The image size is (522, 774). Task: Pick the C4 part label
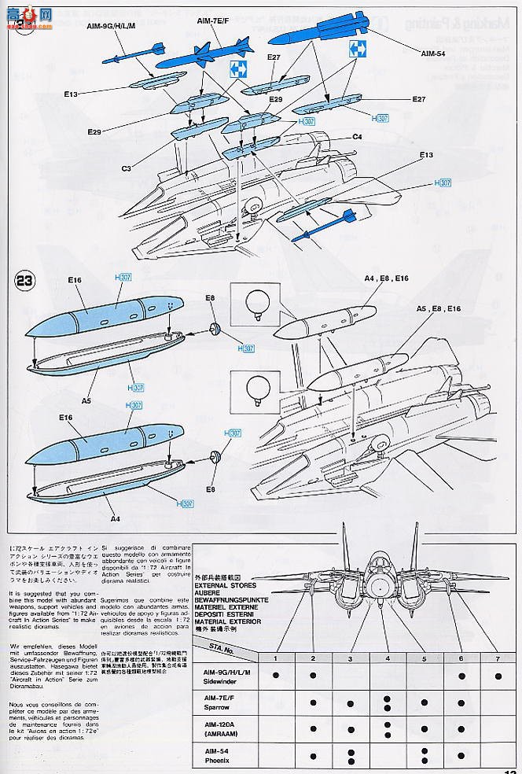(357, 137)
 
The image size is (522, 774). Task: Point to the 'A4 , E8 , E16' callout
(386, 278)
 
